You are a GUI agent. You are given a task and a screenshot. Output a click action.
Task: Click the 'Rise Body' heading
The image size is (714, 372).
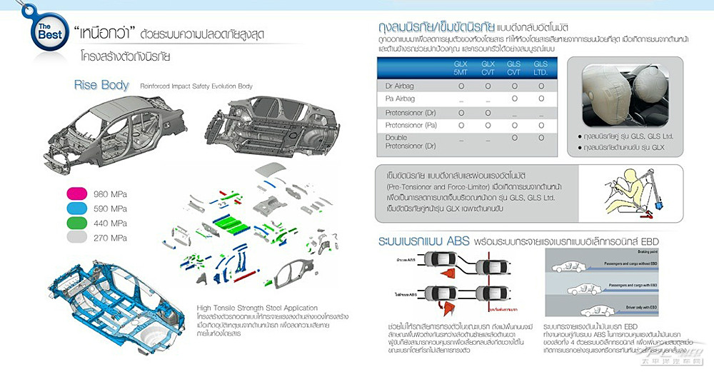click(101, 85)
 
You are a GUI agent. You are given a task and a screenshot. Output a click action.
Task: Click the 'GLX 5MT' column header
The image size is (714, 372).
click(461, 68)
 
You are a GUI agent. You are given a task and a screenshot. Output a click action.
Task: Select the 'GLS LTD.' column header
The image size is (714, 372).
click(540, 68)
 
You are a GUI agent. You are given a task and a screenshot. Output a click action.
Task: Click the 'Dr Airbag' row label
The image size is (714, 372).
click(400, 86)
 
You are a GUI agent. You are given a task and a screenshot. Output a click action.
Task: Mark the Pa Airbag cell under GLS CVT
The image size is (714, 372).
click(514, 99)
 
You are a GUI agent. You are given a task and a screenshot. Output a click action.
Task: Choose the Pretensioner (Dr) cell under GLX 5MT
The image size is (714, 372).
click(461, 112)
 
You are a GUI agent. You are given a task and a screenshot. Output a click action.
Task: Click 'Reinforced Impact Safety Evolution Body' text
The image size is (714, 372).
click(196, 86)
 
